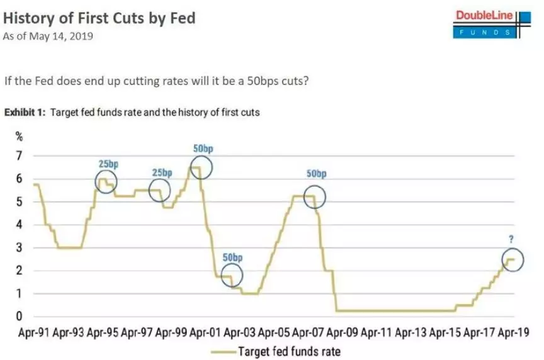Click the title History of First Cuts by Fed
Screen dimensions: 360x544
(99, 18)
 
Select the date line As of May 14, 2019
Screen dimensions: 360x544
(48, 37)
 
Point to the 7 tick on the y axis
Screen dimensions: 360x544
(20, 155)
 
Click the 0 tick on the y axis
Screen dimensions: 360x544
(20, 317)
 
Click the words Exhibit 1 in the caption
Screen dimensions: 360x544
(24, 113)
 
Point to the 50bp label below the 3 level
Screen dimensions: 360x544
(232, 257)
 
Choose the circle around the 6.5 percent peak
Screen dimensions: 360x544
(201, 167)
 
